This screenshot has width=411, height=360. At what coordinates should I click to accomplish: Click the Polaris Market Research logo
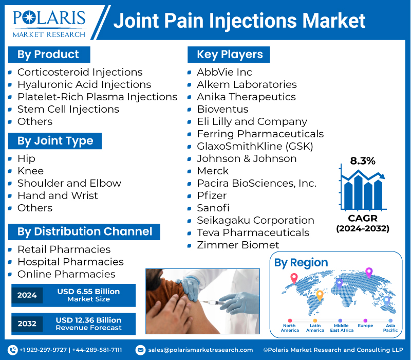tap(49, 23)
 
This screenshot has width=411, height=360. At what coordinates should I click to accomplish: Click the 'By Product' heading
tap(48, 55)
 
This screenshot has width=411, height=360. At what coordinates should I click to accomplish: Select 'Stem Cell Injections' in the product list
tap(68, 109)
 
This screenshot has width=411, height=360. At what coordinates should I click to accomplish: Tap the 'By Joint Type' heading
tap(55, 141)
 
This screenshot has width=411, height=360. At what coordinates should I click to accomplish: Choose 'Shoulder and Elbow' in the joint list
tap(69, 183)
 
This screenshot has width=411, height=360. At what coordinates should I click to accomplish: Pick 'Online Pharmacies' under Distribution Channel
tap(66, 274)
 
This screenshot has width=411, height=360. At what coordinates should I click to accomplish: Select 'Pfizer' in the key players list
tap(212, 195)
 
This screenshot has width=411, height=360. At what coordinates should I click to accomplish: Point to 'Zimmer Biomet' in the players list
tap(238, 245)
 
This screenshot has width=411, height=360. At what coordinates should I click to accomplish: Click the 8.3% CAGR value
tap(363, 160)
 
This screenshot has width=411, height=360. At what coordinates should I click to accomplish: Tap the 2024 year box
tap(27, 295)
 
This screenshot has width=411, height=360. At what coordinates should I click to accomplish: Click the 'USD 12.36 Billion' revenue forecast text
tap(88, 320)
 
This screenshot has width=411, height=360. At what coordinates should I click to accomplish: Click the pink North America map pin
tap(294, 278)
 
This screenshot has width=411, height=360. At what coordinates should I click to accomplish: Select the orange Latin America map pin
tap(319, 295)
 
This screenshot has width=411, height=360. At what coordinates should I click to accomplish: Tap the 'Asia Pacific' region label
tap(390, 328)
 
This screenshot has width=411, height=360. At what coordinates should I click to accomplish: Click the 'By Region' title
tap(301, 263)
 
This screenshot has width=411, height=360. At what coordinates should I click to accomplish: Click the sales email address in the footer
tap(200, 350)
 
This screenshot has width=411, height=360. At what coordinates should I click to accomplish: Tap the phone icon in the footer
tap(13, 350)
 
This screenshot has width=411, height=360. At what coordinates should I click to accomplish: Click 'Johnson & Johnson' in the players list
tap(247, 158)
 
